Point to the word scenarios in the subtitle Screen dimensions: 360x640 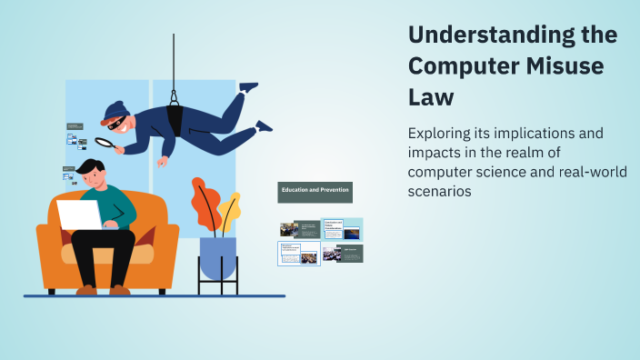(440, 193)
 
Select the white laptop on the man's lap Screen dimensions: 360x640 (79, 215)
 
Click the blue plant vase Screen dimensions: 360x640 (217, 258)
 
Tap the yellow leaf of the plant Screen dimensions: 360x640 (230, 211)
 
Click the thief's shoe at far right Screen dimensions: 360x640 (263, 125)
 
